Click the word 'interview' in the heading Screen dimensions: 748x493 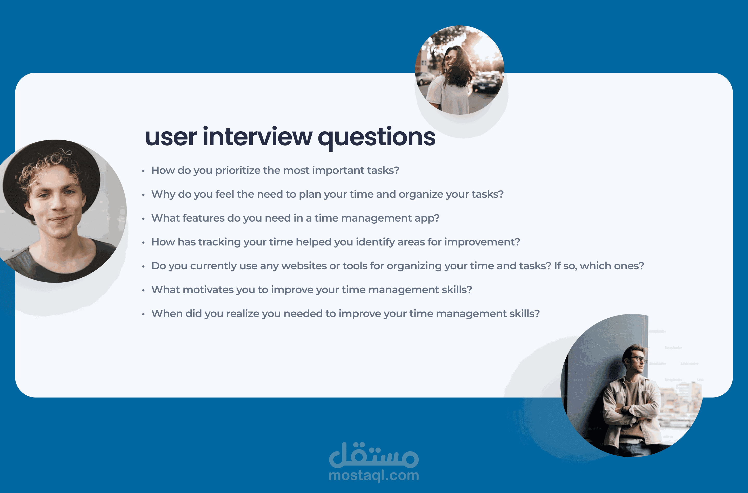click(x=257, y=137)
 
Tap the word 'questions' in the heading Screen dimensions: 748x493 click(x=377, y=139)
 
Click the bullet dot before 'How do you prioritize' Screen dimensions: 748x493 click(x=143, y=171)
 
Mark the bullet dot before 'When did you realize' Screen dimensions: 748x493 click(x=143, y=314)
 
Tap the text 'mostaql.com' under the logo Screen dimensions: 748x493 click(x=374, y=475)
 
